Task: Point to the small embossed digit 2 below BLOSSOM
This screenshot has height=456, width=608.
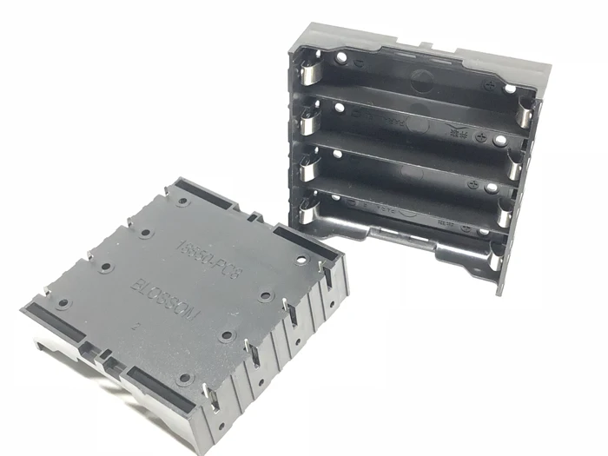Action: click(135, 327)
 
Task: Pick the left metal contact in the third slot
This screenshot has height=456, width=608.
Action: click(307, 162)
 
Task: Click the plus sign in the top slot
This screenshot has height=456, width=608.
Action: click(493, 86)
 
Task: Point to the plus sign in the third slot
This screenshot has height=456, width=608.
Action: click(470, 182)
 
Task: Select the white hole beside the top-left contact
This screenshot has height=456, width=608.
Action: click(340, 58)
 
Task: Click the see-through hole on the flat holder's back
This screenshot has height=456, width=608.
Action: click(301, 260)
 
